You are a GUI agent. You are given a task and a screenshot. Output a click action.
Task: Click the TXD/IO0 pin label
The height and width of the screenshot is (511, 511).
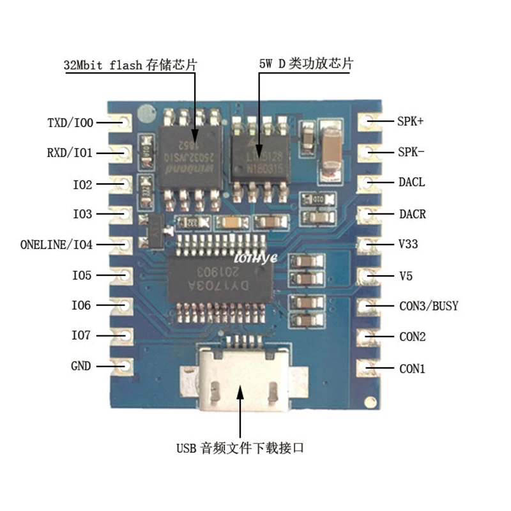click(70, 122)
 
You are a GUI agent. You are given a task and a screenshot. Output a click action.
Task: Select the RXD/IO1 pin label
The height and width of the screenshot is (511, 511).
click(70, 153)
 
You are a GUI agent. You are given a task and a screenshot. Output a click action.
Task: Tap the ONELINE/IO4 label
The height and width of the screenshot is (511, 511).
click(56, 245)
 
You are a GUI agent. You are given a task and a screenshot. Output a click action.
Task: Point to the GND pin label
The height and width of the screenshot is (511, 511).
click(81, 366)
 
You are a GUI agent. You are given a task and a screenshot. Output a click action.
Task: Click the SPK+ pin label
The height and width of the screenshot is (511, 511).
click(411, 120)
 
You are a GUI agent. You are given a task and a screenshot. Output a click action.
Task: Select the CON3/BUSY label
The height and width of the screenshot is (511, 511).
click(429, 306)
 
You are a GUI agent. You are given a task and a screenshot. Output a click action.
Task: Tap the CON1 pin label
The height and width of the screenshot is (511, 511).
click(412, 369)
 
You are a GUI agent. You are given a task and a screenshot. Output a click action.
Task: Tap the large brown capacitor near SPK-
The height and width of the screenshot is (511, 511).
click(334, 152)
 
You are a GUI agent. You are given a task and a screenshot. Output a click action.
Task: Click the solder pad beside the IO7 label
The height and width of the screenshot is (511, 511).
click(125, 335)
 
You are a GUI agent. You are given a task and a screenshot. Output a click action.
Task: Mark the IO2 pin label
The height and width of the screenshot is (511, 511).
click(82, 185)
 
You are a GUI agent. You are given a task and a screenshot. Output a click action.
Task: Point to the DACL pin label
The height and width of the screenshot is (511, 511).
click(412, 183)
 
